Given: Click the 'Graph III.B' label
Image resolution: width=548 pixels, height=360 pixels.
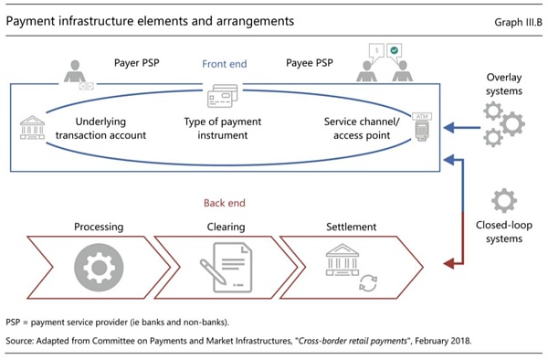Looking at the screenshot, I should tap(509, 19).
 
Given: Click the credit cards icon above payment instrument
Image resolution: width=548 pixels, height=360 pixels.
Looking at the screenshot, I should tap(224, 96).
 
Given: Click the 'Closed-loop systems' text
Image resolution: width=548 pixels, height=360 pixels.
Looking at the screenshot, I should tap(502, 231).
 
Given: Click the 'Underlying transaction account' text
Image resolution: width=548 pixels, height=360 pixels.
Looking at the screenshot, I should tap(98, 128).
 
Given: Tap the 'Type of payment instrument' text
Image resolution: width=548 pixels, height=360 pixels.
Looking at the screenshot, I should tap(225, 128).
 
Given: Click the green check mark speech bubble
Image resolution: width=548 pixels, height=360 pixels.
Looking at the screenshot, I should tap(394, 51).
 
